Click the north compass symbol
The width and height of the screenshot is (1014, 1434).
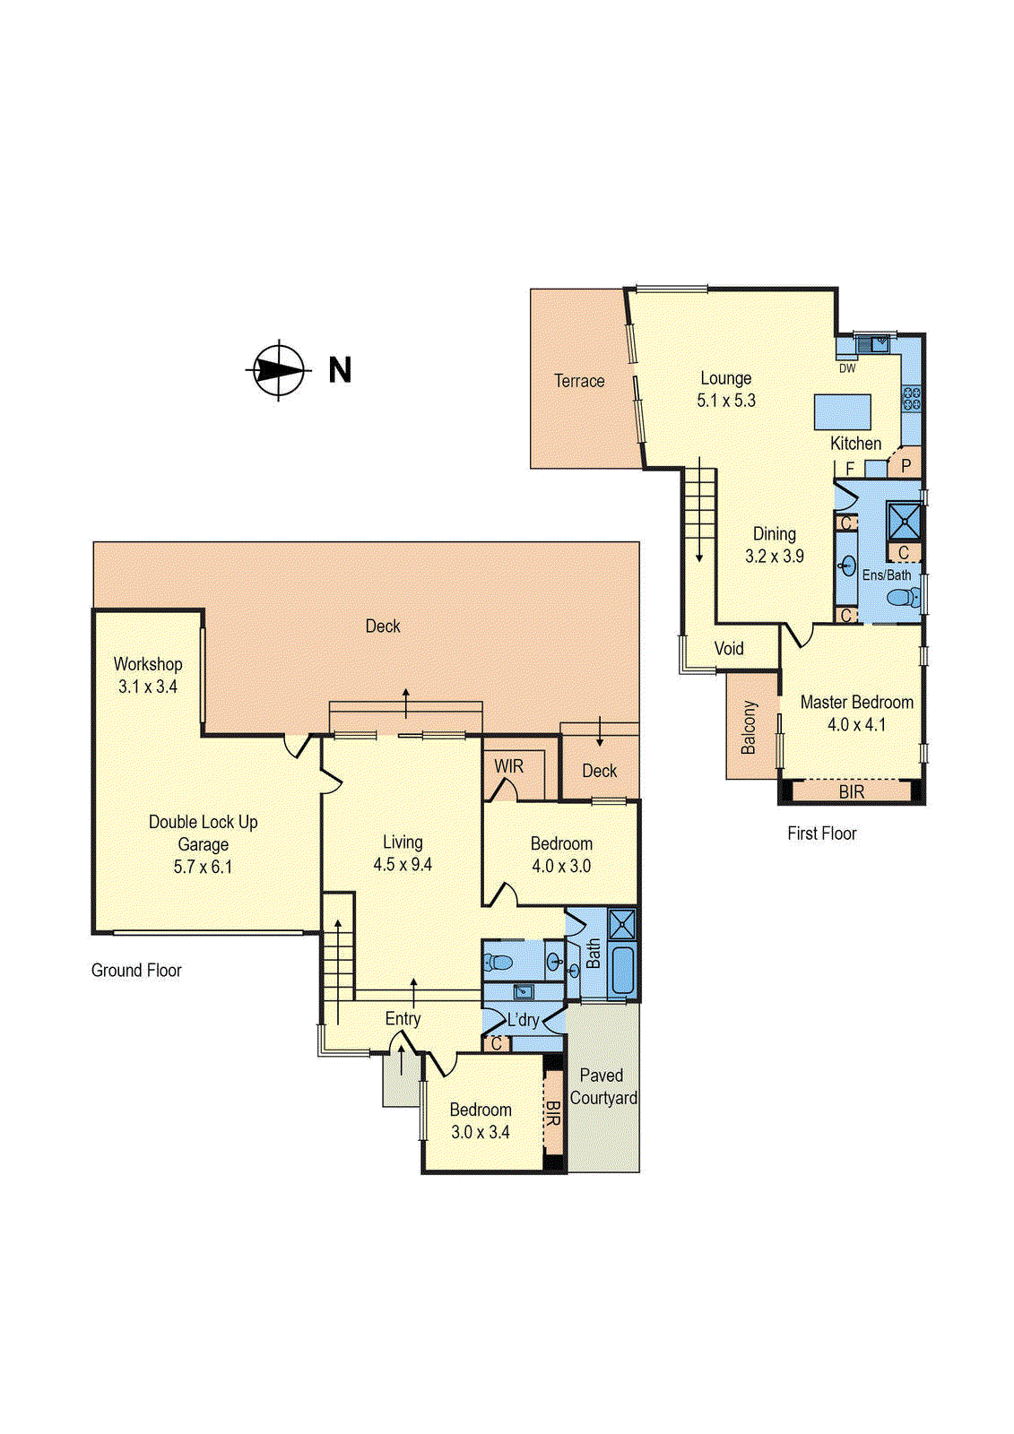(x=278, y=369)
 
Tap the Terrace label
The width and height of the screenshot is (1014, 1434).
(x=579, y=381)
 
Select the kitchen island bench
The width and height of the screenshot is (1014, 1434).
(x=843, y=412)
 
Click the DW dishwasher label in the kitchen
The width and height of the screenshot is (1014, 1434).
(x=847, y=368)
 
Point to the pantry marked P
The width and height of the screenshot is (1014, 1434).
(x=906, y=465)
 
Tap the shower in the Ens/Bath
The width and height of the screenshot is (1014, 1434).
(x=904, y=520)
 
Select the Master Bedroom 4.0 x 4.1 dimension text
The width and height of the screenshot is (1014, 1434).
(x=856, y=725)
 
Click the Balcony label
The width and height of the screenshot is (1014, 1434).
(x=750, y=727)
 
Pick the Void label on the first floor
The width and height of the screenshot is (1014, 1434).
(x=729, y=648)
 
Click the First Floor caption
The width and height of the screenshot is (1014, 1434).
(x=821, y=834)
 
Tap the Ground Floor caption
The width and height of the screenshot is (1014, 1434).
(x=136, y=970)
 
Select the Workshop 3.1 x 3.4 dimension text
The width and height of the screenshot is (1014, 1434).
(x=148, y=687)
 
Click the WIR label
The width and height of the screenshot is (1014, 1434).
(x=508, y=766)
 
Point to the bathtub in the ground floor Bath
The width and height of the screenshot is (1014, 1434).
(x=620, y=972)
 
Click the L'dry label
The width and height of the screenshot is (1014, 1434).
(x=523, y=1020)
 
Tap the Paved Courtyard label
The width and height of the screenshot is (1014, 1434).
(x=602, y=1086)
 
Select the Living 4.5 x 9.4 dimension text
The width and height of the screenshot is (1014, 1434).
(x=403, y=865)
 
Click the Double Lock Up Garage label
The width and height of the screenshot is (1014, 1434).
(x=203, y=833)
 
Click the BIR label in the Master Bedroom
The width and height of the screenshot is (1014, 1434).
(x=851, y=792)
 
